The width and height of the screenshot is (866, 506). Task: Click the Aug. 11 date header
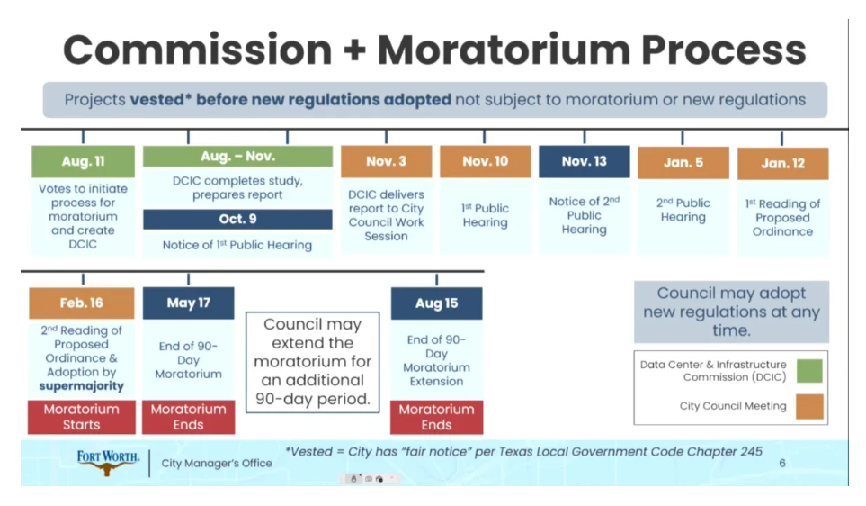tap(83, 161)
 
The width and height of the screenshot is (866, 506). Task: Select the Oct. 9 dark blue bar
tap(237, 219)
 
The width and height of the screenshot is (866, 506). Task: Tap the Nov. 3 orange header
tap(386, 161)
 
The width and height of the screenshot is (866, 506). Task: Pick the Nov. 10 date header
tap(485, 161)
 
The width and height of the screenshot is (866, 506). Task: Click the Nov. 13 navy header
tap(584, 161)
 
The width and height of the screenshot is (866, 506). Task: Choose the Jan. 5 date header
tap(683, 163)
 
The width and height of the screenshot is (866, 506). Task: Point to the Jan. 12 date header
tap(782, 163)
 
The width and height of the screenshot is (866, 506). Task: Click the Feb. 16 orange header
tap(82, 303)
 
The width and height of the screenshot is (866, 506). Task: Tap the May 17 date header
tap(188, 303)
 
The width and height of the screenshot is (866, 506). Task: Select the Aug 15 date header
tap(436, 303)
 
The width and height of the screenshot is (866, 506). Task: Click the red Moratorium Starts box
tap(82, 417)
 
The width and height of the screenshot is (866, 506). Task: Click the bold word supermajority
tap(81, 386)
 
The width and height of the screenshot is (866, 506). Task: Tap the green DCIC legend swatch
tap(809, 371)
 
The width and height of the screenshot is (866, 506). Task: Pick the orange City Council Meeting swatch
tap(809, 406)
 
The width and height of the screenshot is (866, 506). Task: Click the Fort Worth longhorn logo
tap(108, 462)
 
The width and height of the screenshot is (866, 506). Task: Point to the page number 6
tap(782, 463)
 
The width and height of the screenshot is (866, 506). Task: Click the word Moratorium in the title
tap(504, 50)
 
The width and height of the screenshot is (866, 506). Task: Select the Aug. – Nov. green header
tap(237, 157)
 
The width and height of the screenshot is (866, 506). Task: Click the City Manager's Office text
tap(217, 464)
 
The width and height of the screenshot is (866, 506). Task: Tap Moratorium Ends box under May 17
tap(188, 417)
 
